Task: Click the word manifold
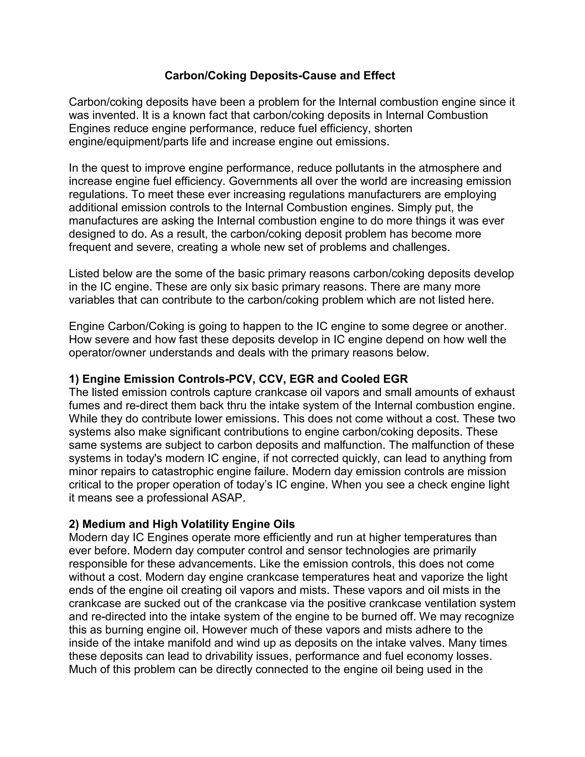pos(189,643)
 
